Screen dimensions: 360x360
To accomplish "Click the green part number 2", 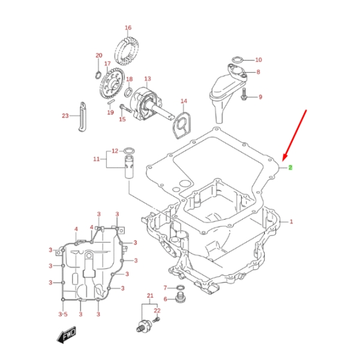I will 290,167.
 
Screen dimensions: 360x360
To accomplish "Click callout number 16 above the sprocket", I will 128,28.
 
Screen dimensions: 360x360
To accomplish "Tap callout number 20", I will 99,56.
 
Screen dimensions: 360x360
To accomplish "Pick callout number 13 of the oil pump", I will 148,79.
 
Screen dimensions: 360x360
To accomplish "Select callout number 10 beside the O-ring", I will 259,60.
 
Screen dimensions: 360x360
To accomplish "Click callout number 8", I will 258,72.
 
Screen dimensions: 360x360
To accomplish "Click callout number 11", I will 96,159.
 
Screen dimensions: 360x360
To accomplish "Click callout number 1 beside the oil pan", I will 291,222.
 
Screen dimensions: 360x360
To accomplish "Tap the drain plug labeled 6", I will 179,299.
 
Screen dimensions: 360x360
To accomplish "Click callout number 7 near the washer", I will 166,288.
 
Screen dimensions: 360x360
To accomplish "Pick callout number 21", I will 150,296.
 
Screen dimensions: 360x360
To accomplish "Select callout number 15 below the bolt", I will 122,119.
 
